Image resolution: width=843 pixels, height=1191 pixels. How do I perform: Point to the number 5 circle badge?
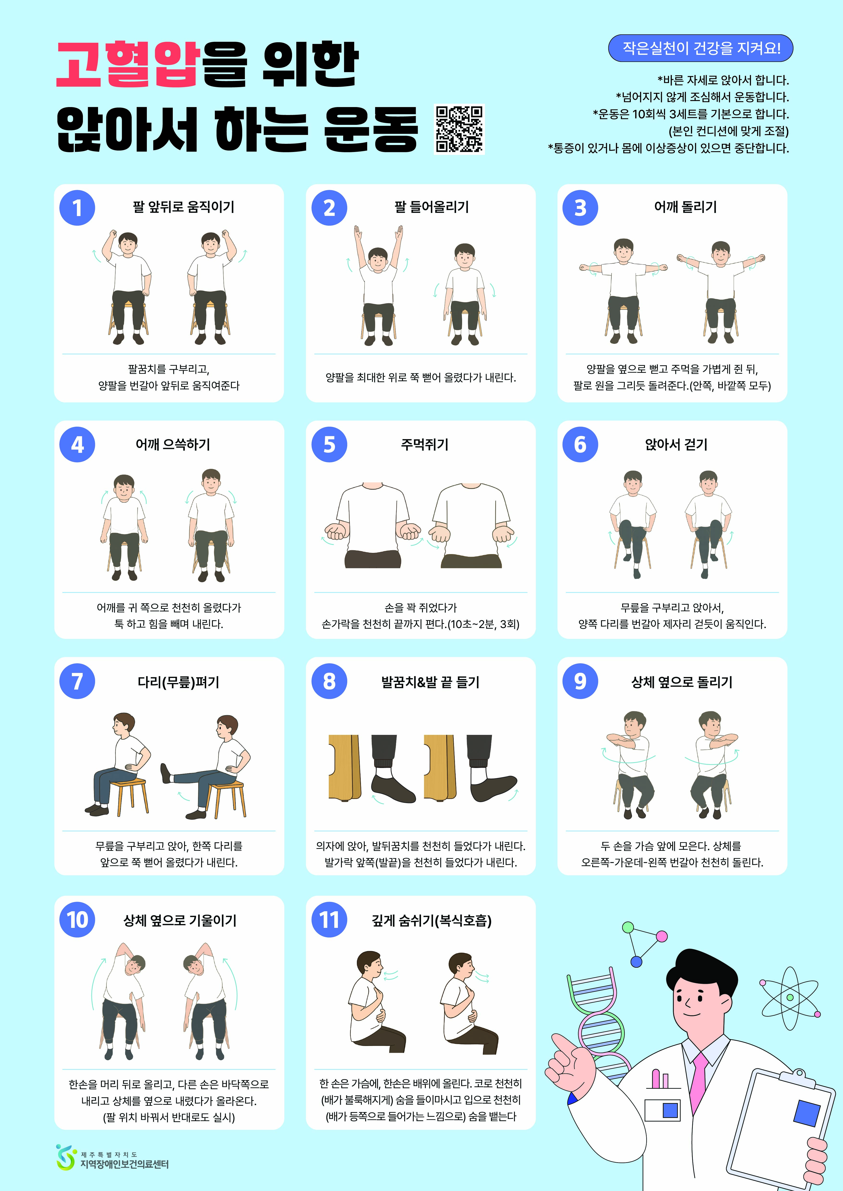[329, 445]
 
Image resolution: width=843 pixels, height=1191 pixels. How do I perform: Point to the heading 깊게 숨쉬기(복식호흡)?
[431, 920]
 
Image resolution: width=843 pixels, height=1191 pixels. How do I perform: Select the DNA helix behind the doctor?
[597, 1017]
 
